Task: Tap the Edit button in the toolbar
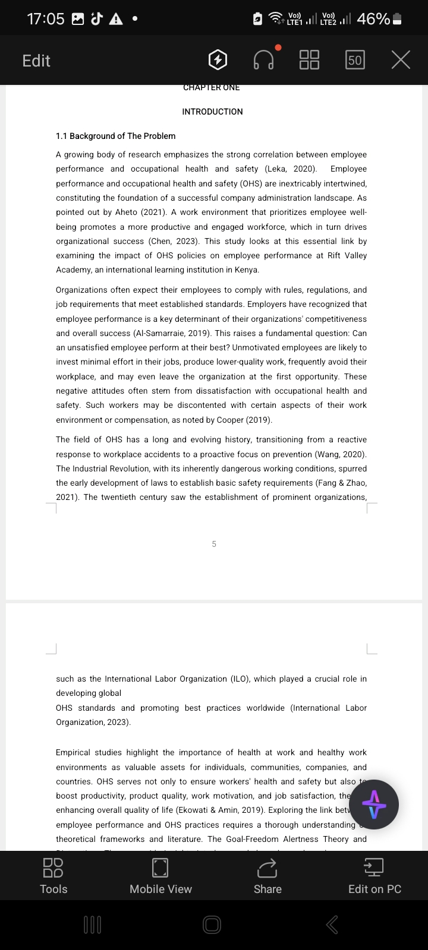pyautogui.click(x=36, y=61)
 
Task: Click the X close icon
pyautogui.click(x=401, y=60)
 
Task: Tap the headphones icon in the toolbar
pyautogui.click(x=264, y=59)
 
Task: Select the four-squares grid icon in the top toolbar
pyautogui.click(x=309, y=60)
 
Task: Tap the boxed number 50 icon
pyautogui.click(x=355, y=60)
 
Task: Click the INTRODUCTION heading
pyautogui.click(x=212, y=112)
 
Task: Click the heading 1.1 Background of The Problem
pyautogui.click(x=115, y=136)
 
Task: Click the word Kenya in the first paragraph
pyautogui.click(x=247, y=270)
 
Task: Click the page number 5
pyautogui.click(x=214, y=544)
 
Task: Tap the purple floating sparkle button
pyautogui.click(x=374, y=805)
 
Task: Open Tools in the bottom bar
pyautogui.click(x=53, y=876)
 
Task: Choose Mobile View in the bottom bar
pyautogui.click(x=160, y=876)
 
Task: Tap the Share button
pyautogui.click(x=267, y=876)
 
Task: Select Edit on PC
pyautogui.click(x=374, y=876)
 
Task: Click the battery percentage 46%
pyautogui.click(x=373, y=19)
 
